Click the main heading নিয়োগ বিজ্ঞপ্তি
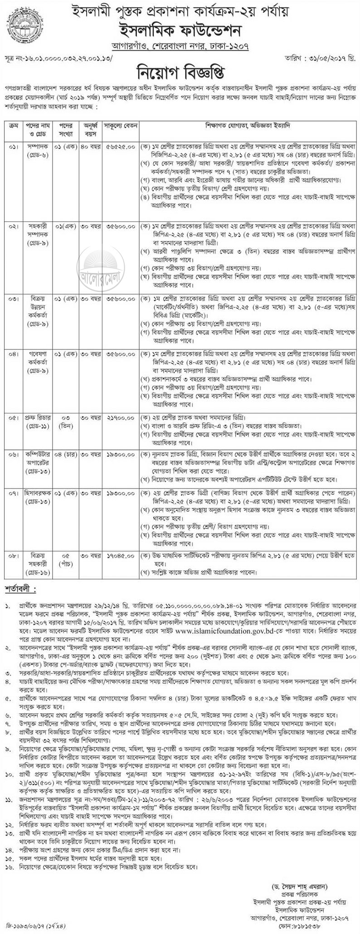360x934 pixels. [x=180, y=72]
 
